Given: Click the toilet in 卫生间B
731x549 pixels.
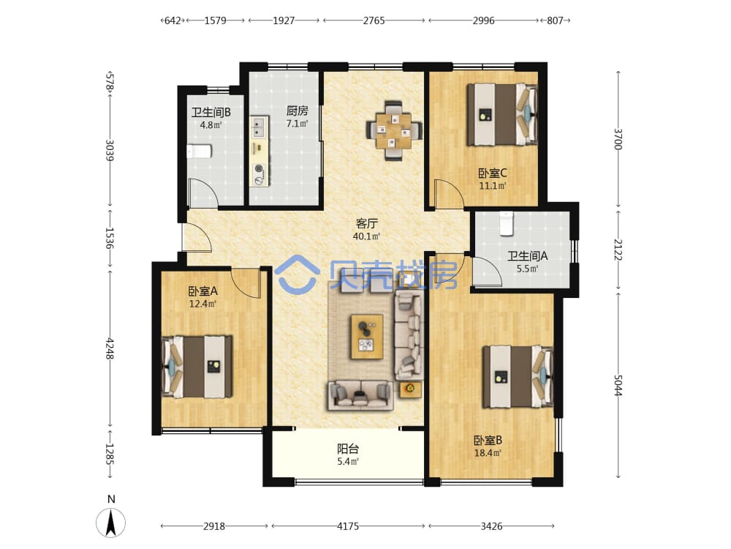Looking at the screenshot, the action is tap(200, 152).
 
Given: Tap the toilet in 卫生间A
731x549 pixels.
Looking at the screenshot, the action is tap(506, 223).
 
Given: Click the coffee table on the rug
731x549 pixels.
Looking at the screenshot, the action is tap(367, 337).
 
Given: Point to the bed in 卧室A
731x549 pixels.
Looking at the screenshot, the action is tap(197, 367).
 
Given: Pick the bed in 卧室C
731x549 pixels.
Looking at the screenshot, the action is tap(503, 114).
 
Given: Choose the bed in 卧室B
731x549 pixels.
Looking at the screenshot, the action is tap(518, 377).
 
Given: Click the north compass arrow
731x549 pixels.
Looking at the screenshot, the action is tap(111, 523).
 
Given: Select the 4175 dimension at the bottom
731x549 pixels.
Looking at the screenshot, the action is tap(348, 526).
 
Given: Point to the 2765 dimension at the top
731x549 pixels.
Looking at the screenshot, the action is tap(374, 20).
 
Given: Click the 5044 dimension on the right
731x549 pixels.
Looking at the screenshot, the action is tap(618, 385).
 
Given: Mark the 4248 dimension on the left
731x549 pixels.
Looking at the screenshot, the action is tap(110, 348).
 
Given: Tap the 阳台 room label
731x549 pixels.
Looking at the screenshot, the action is tap(348, 449).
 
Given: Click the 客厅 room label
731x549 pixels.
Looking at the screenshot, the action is tap(366, 223).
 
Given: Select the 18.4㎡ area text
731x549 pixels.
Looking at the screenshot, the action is tap(488, 453).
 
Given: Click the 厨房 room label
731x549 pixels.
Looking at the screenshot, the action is tap(297, 111).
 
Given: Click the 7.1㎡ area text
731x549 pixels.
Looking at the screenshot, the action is tap(297, 124).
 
